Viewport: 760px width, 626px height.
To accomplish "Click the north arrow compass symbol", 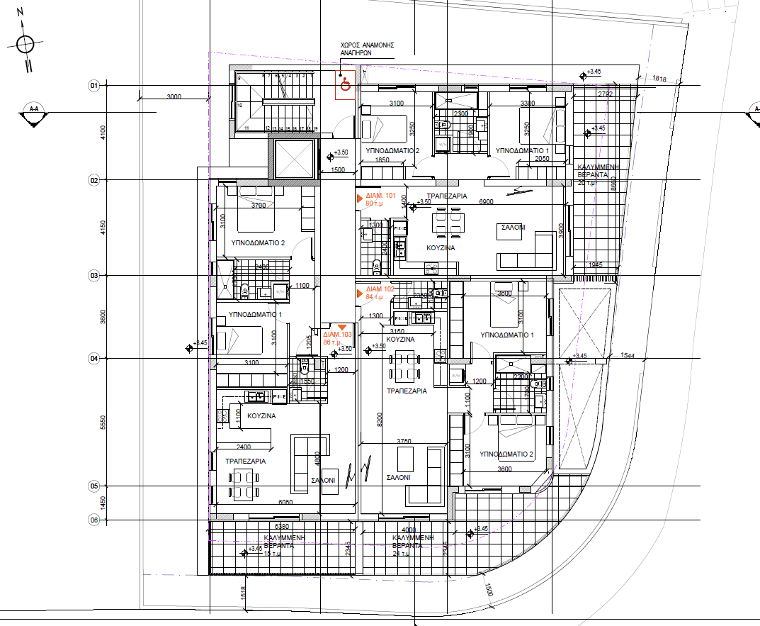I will click(25, 44).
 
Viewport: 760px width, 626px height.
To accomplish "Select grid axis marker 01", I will click(93, 86).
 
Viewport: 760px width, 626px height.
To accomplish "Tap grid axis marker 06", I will click(93, 520).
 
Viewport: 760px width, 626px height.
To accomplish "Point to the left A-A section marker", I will click(33, 113).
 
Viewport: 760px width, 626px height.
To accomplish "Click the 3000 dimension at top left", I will click(174, 97).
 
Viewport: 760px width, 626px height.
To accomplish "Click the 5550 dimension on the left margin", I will click(102, 423).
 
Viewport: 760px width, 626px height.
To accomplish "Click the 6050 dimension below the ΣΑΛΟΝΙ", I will click(285, 502).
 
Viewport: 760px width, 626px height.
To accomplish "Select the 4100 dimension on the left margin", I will click(102, 133).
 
